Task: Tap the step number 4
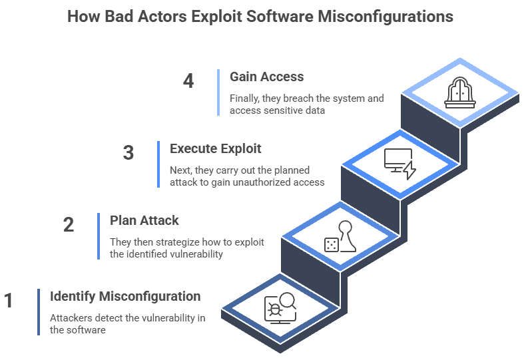tap(188, 81)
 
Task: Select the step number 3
tap(129, 153)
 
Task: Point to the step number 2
tap(68, 225)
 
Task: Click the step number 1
tap(9, 301)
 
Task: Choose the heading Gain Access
tap(266, 77)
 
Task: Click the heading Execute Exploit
tap(215, 148)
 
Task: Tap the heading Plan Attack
tap(144, 220)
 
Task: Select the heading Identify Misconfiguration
tap(125, 296)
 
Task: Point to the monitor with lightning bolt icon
tap(399, 164)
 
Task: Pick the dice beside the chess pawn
tap(331, 245)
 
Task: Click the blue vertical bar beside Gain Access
tap(218, 92)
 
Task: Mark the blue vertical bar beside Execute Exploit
tap(158, 164)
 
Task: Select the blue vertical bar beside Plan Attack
tap(99, 236)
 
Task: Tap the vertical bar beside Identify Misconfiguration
tap(39, 312)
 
